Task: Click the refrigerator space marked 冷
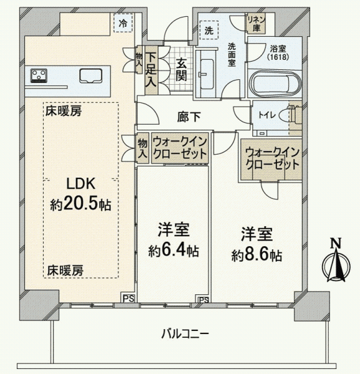(123, 23)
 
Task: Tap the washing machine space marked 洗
(209, 30)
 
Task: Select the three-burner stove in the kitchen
(39, 75)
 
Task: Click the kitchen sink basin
(91, 76)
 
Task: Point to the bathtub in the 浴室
(275, 84)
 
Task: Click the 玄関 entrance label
(181, 69)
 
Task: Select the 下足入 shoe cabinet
(151, 70)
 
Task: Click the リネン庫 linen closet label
(256, 24)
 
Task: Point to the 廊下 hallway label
(189, 117)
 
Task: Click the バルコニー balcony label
(185, 333)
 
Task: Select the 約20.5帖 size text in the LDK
(80, 204)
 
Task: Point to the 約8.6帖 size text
(257, 255)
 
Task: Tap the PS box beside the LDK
(129, 298)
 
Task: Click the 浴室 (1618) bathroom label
(278, 53)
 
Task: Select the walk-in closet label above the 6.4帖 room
(180, 148)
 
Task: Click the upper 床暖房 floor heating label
(64, 111)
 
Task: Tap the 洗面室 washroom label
(231, 55)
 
